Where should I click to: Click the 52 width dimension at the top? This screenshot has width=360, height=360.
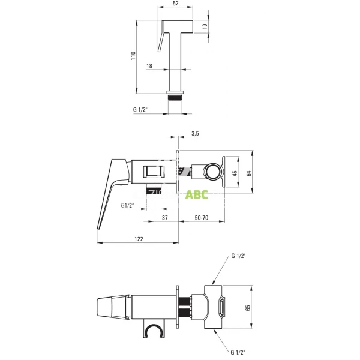175,4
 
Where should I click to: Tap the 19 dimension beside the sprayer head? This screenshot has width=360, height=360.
205,26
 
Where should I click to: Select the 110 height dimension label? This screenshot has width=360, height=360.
133,56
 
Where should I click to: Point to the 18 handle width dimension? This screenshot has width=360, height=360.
149,66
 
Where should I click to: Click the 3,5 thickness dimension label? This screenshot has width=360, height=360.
195,133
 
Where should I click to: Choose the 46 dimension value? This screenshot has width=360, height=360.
235,173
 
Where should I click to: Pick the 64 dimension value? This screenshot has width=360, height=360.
248,173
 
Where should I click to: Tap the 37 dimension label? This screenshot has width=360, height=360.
165,217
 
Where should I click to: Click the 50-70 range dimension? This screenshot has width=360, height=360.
202,217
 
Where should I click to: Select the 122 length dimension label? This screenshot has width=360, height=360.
139,239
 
